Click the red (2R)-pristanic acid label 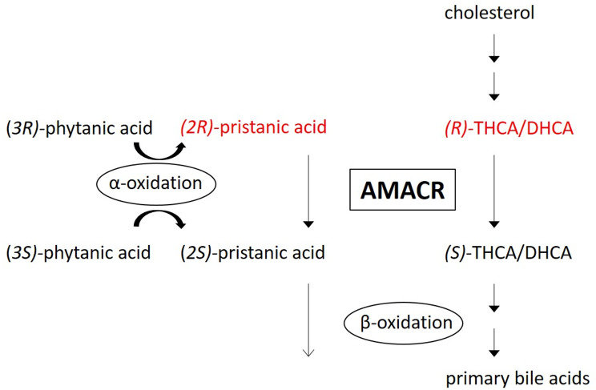[x=253, y=127]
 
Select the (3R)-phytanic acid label [x=78, y=127]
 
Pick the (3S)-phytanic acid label [x=78, y=254]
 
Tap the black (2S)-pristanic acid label [x=253, y=254]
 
